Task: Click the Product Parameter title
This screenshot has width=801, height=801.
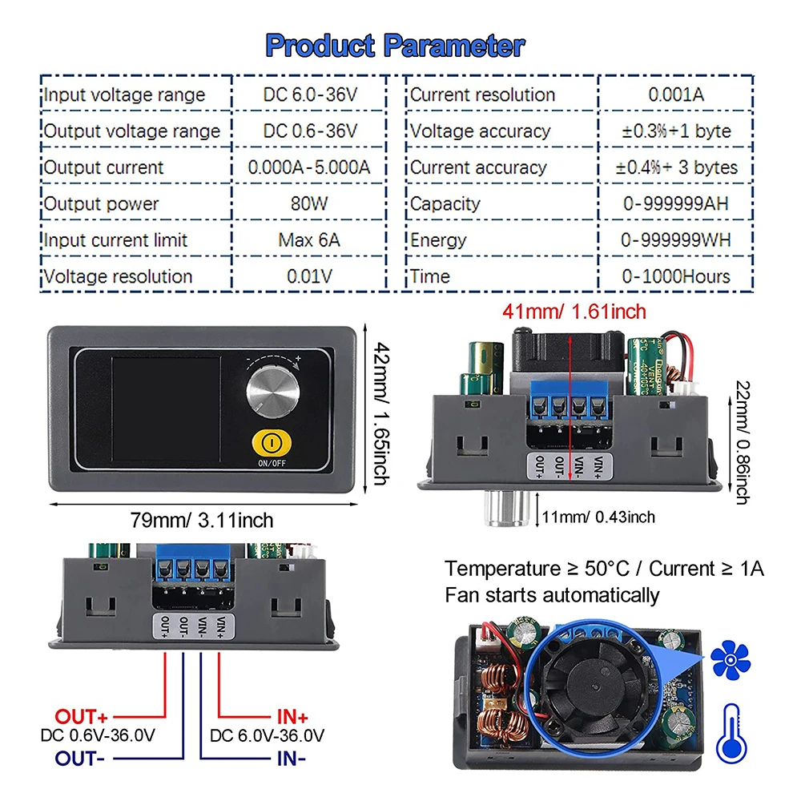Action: click(395, 45)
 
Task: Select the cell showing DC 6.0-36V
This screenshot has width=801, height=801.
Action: click(310, 95)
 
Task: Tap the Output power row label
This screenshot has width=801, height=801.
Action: click(102, 203)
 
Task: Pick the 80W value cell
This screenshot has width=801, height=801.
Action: click(309, 203)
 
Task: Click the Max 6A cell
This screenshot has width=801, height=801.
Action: click(309, 239)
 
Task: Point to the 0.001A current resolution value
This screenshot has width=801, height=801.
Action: click(676, 95)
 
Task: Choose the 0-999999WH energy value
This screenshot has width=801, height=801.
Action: click(676, 239)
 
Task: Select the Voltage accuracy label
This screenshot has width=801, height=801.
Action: click(481, 131)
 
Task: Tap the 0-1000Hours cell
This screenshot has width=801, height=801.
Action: click(676, 276)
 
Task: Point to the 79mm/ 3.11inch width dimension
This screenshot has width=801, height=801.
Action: click(203, 520)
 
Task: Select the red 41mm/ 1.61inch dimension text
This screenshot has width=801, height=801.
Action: click(574, 310)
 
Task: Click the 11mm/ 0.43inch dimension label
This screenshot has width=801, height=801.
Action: click(599, 517)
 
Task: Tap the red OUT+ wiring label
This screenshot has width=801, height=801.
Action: click(82, 715)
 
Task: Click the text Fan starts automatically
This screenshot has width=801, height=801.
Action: click(553, 595)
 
